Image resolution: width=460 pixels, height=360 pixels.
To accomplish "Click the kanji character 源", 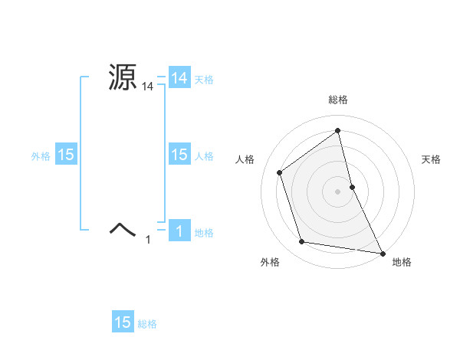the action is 123,77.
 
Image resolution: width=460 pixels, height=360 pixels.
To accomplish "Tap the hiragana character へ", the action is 123,228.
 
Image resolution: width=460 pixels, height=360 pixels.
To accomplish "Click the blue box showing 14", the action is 179,78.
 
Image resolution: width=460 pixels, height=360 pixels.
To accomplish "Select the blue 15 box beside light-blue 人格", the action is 179,155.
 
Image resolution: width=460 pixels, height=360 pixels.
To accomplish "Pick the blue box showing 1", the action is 179,231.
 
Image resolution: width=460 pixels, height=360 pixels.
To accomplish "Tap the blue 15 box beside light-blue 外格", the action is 66,155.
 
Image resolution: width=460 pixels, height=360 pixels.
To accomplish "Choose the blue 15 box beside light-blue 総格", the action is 123,322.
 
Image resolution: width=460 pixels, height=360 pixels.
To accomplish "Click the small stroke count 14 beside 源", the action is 148,87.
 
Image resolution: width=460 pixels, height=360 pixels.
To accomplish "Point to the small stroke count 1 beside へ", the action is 149,241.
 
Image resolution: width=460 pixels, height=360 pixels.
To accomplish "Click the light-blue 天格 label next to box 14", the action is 204,80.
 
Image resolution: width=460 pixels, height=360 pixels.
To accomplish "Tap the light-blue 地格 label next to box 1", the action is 204,233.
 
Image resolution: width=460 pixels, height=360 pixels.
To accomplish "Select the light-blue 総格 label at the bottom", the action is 147,324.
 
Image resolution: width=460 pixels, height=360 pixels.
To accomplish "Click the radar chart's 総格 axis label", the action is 338,100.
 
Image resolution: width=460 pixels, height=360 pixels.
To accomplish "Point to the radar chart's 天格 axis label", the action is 432,159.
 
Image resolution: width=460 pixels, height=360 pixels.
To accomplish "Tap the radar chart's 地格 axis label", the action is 402,263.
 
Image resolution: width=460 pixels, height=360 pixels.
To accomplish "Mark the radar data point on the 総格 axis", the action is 338,131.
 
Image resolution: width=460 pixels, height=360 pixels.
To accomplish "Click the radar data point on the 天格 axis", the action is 352,186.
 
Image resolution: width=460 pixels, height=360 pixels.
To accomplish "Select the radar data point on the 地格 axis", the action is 382,252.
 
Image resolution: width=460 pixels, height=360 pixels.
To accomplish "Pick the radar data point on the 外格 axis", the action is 302,242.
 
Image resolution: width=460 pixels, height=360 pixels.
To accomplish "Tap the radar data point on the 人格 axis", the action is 280,172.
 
